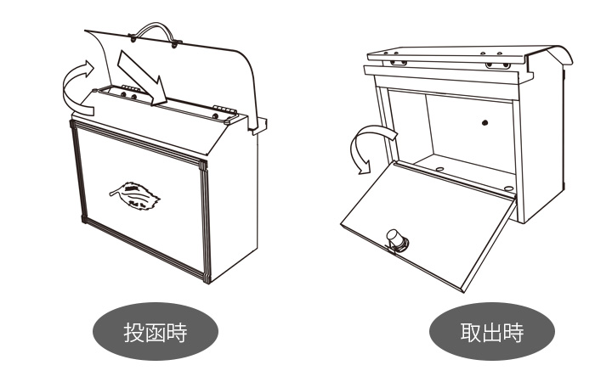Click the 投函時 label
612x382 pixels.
click(156, 332)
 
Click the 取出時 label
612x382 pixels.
click(491, 332)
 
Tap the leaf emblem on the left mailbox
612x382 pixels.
click(135, 196)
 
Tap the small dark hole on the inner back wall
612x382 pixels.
click(484, 123)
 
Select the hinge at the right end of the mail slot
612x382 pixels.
click(224, 110)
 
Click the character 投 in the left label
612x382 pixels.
click(134, 333)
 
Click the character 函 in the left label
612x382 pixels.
click(156, 333)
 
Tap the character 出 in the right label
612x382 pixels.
click(491, 333)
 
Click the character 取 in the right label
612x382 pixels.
click(470, 333)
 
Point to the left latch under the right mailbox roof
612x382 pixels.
click(398, 62)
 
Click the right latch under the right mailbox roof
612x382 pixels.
click(497, 65)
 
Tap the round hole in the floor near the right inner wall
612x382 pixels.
click(508, 188)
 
